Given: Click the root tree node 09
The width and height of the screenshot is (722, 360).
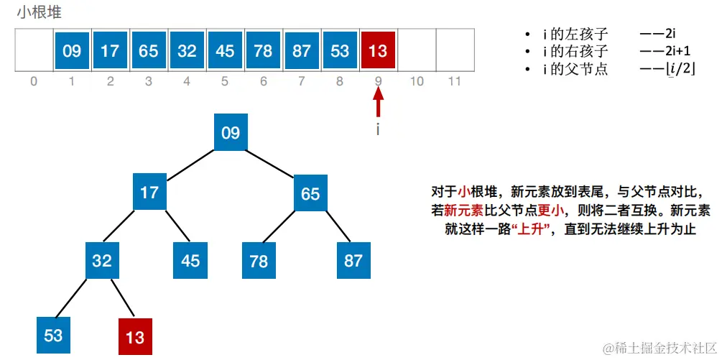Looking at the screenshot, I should [230, 132].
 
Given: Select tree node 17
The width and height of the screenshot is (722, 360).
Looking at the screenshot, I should [149, 193].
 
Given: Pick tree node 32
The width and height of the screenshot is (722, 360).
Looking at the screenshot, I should [102, 261].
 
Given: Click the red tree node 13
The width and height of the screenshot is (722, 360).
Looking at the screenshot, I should [135, 336].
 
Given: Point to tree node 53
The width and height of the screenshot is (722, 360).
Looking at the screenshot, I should [54, 335].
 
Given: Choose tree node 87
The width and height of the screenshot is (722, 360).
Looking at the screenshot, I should [353, 261].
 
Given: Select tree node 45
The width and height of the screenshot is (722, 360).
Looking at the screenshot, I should [190, 261].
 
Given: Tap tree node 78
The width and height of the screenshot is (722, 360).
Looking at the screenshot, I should [259, 261].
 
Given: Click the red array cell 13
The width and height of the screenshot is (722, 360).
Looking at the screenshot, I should [378, 50].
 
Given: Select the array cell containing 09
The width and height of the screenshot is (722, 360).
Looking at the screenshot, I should [72, 50].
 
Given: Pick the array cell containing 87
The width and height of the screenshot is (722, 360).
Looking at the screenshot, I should [302, 50].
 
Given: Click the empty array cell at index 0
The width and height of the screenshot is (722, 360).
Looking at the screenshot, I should [34, 50].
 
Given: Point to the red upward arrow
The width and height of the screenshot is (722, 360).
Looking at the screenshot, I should [379, 102].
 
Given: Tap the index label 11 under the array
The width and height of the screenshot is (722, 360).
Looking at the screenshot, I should [454, 81].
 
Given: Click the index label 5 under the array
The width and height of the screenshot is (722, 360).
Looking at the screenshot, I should [225, 81].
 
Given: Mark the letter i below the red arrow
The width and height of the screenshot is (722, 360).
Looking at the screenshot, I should [379, 130].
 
